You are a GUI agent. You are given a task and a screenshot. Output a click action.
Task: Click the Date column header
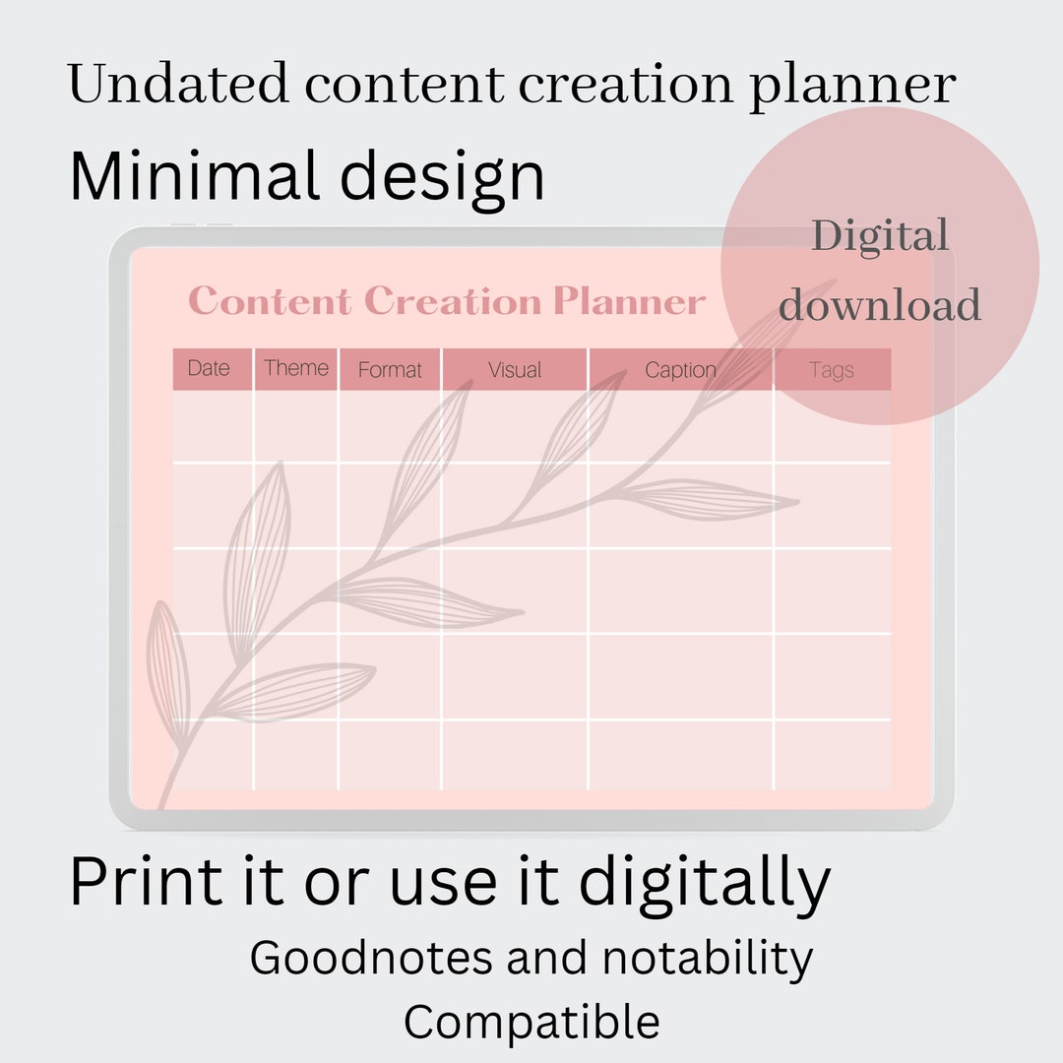(209, 369)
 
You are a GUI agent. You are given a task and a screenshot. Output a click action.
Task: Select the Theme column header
(296, 369)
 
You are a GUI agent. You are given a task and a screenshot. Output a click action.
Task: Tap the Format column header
(390, 370)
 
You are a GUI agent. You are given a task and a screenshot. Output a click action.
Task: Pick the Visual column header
(515, 370)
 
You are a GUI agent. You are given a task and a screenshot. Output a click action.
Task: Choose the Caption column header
(680, 370)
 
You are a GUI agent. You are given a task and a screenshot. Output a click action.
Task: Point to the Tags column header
(832, 370)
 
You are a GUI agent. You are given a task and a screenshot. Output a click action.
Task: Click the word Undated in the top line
(178, 85)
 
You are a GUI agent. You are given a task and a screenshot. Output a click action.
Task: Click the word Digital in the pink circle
(880, 237)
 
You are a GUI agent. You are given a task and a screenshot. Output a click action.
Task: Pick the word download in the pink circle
(880, 305)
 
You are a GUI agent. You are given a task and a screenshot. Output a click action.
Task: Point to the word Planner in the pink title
(629, 301)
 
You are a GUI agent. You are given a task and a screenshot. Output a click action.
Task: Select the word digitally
(705, 882)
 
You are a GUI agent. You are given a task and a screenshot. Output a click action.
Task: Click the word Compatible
(531, 1022)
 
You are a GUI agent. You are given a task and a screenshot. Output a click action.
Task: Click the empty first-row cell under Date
(213, 426)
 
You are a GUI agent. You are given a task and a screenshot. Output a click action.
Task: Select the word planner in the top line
(852, 87)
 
